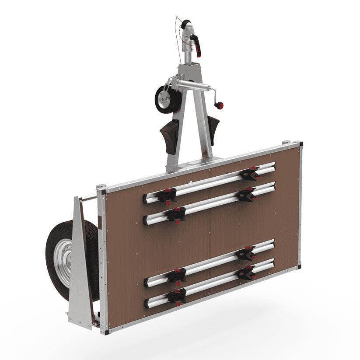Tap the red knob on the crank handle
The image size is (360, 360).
click(x=220, y=105)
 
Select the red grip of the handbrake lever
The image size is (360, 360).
click(x=198, y=45)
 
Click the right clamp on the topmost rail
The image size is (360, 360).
click(x=250, y=174)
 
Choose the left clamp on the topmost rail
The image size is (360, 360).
click(x=167, y=195)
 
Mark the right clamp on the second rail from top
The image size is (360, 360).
click(x=247, y=194)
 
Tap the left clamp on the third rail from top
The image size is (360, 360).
click(x=176, y=275)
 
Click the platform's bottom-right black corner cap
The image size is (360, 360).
click(x=300, y=266)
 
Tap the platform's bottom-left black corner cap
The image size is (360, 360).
click(x=105, y=332)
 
